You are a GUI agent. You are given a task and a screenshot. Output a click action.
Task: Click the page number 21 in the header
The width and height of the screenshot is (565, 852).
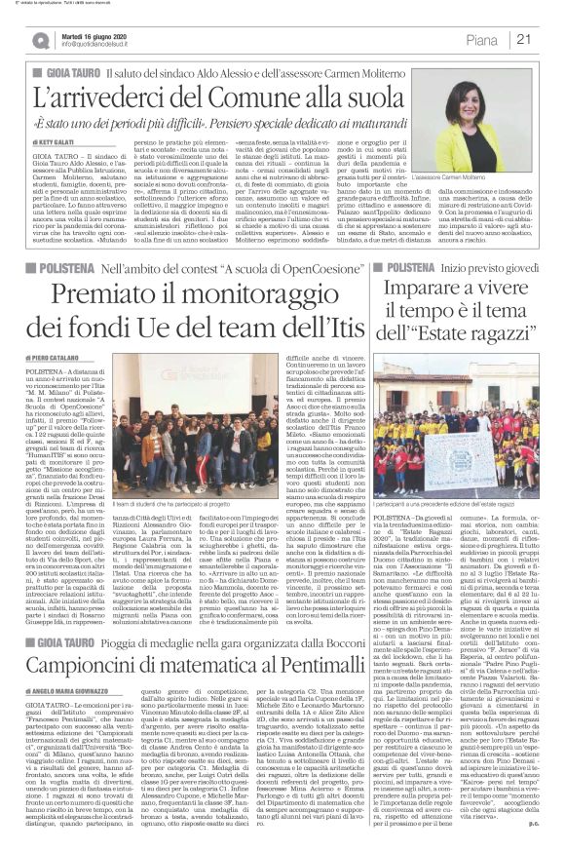point(523,39)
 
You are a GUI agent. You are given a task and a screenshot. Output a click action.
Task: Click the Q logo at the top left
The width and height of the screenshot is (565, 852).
point(39,40)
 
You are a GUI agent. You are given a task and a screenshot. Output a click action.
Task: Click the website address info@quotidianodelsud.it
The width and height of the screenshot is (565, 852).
point(104,45)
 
